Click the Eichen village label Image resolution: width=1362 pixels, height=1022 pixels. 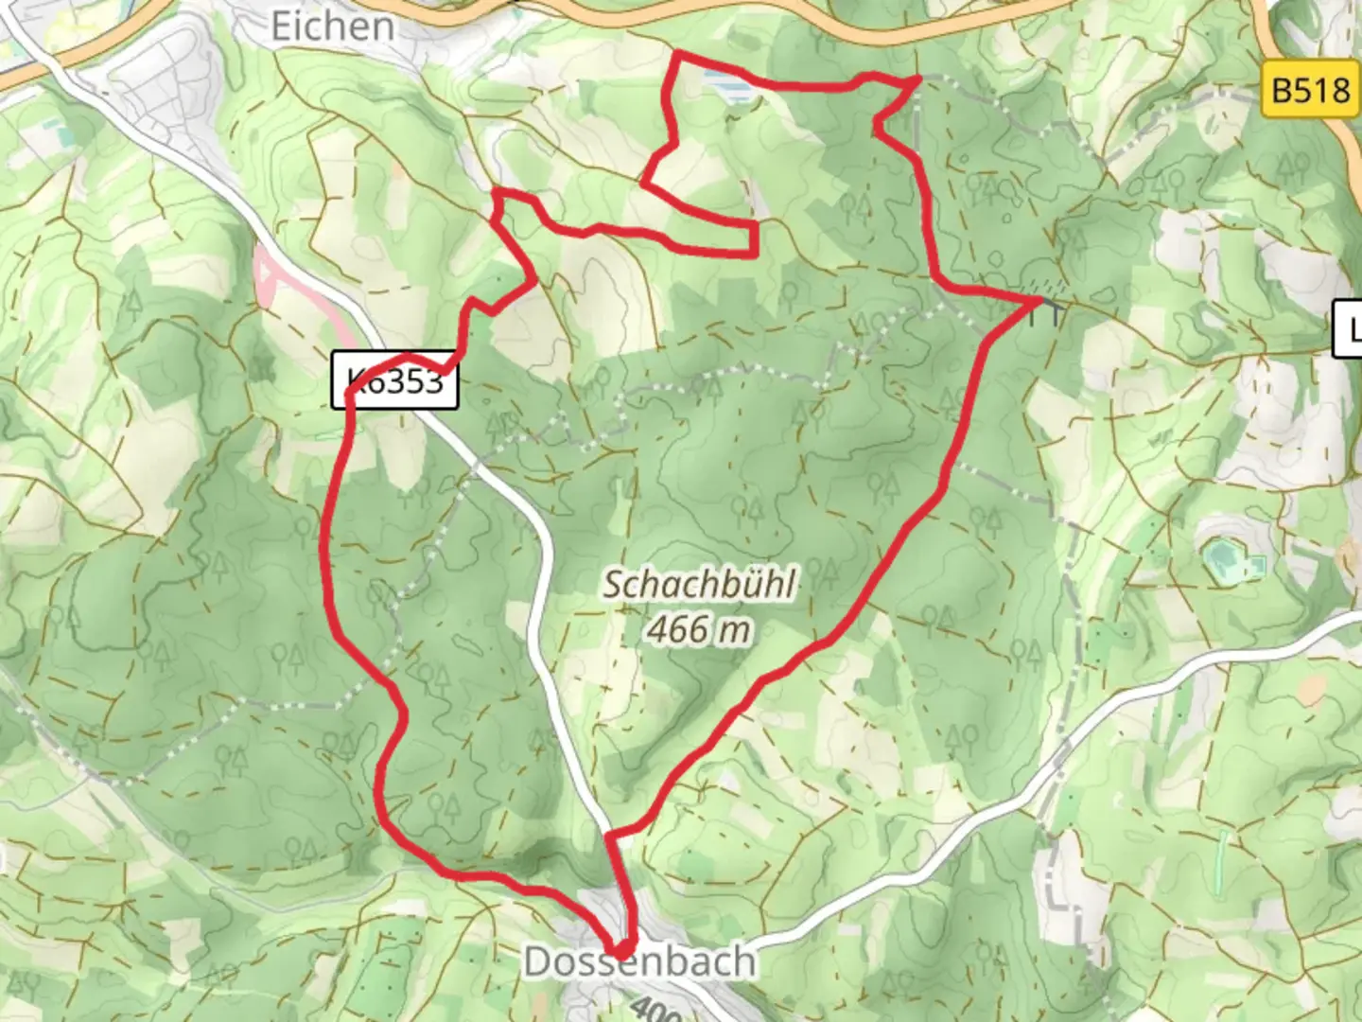332,26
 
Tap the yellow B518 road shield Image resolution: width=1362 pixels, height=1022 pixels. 1310,91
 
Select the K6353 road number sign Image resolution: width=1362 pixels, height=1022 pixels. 394,381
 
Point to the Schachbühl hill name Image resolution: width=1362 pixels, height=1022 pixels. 699,584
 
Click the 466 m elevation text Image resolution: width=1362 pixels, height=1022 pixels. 699,628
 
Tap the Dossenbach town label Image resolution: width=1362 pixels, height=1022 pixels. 639,962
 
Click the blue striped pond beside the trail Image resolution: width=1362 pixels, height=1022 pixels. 729,87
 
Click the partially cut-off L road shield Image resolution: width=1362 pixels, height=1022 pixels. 1349,328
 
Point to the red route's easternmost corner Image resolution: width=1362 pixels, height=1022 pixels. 1038,301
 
